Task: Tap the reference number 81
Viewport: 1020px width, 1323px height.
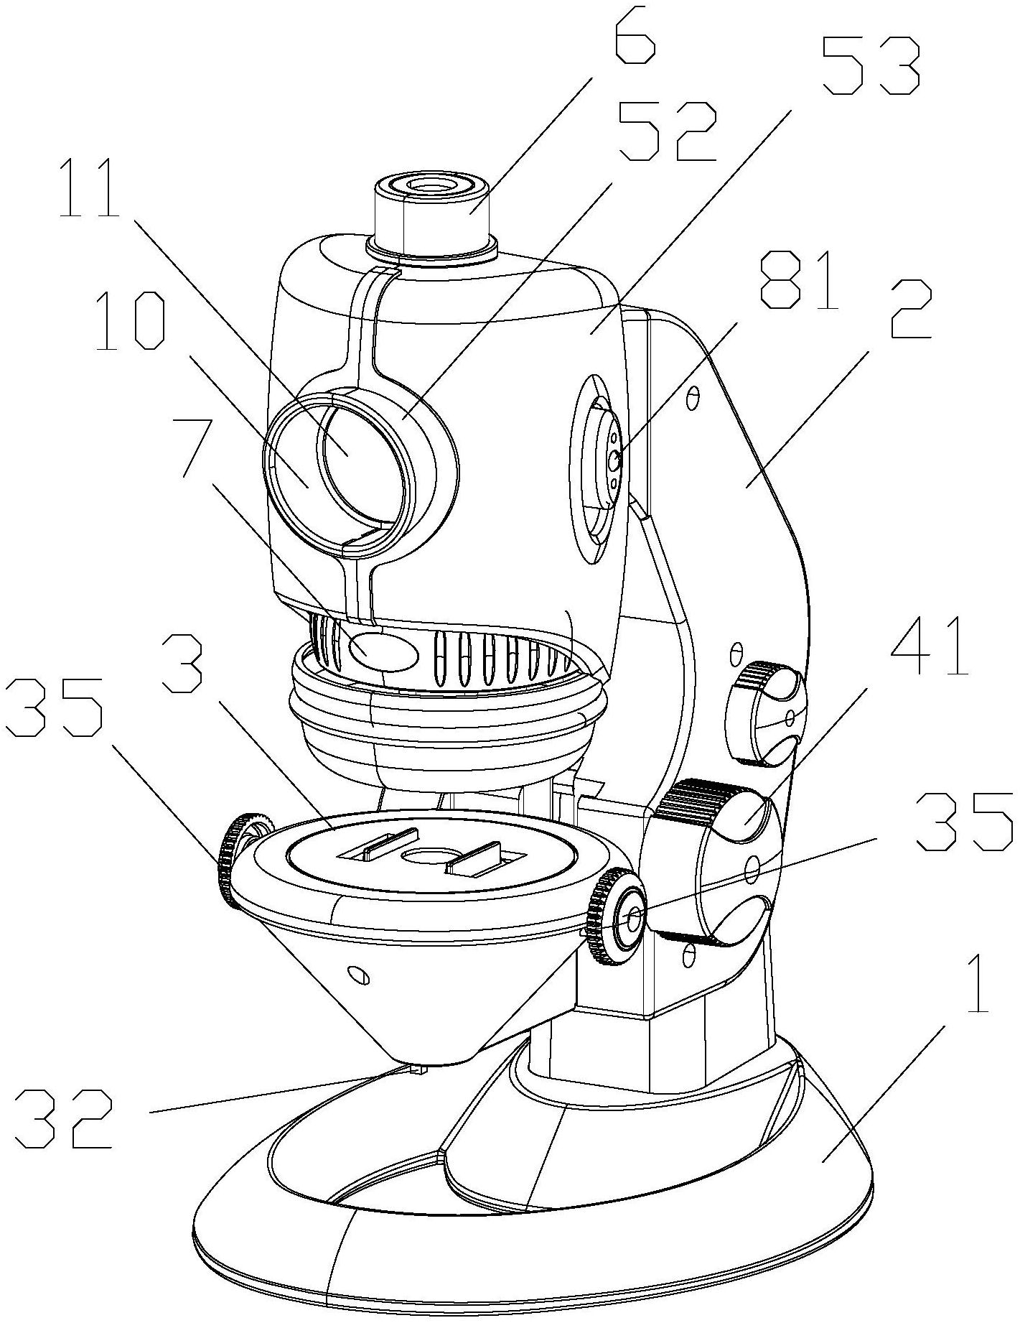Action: click(x=798, y=279)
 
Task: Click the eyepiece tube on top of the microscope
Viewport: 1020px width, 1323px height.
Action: click(x=431, y=215)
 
